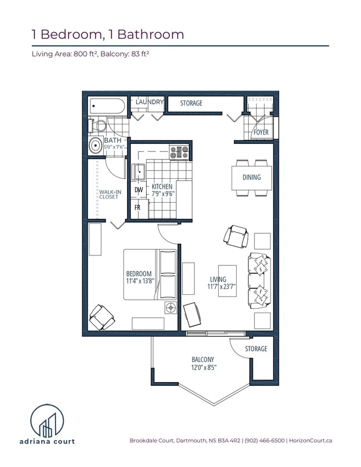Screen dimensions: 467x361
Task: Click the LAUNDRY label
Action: click(x=149, y=102)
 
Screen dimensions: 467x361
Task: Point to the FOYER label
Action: click(x=261, y=133)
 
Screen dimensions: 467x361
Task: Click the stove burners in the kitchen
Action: click(x=179, y=151)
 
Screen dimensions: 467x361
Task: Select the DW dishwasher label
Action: click(x=138, y=190)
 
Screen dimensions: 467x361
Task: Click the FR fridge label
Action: click(x=137, y=208)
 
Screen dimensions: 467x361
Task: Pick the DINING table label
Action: click(x=251, y=178)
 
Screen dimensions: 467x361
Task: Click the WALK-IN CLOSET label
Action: click(x=108, y=194)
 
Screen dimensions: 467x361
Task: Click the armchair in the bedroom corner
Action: click(x=102, y=317)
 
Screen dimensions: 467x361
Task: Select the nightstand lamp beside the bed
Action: click(x=169, y=308)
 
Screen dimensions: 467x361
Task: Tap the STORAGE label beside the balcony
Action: click(x=256, y=349)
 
